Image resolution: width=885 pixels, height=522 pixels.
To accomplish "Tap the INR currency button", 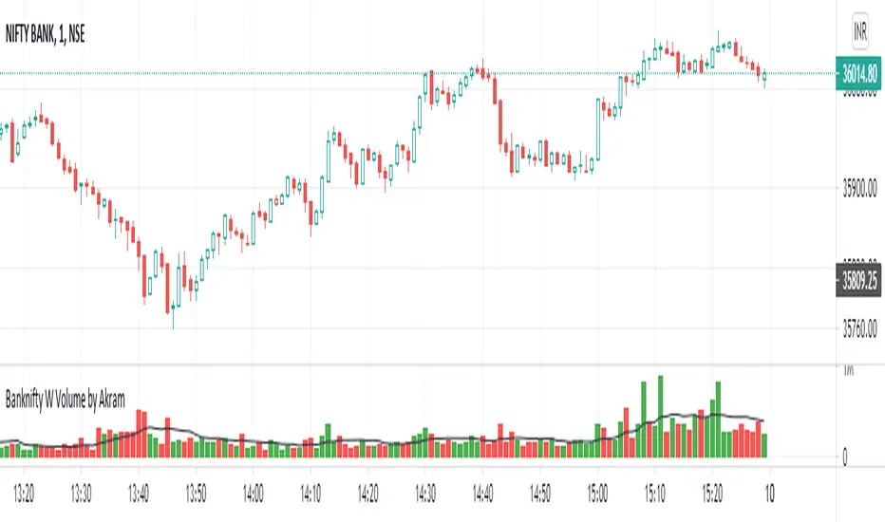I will [x=860, y=29].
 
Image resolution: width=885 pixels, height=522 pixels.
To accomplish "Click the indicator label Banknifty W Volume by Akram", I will [x=66, y=399].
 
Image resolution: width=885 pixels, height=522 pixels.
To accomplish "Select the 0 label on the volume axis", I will [x=845, y=457].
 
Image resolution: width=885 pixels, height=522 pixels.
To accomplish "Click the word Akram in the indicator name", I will [x=109, y=399].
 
